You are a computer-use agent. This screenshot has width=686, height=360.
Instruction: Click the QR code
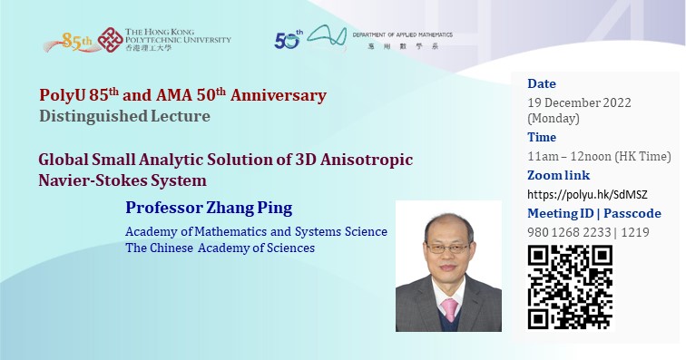point(570,286)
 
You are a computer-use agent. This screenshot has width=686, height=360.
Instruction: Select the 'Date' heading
point(542,84)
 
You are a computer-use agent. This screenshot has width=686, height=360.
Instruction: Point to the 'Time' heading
point(543,137)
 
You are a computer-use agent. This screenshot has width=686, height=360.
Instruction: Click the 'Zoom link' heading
point(558,175)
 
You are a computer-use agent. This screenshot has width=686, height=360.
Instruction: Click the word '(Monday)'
point(553,118)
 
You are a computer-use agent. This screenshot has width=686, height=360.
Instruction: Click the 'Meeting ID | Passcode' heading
point(594,213)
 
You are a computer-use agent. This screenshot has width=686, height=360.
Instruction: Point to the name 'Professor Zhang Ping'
point(209,208)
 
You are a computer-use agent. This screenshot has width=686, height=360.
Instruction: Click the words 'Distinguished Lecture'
point(125,115)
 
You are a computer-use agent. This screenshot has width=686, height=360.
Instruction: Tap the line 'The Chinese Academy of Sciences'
point(220,248)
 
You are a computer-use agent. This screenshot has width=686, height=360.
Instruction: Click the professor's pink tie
point(448,311)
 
